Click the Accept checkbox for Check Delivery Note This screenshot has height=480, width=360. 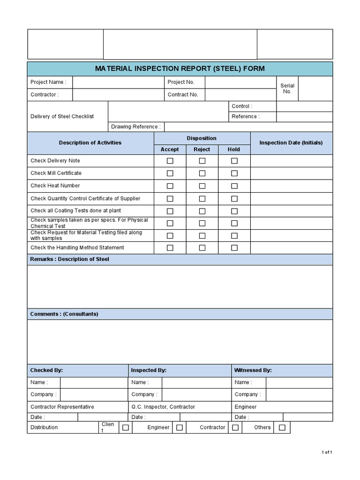coord(170,161)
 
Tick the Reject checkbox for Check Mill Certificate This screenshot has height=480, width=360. coord(202,173)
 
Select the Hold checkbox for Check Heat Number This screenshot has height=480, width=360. coord(234,186)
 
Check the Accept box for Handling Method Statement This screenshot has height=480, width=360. coord(170,247)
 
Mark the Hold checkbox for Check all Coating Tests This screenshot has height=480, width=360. coord(234,211)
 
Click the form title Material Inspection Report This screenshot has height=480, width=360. coord(180,68)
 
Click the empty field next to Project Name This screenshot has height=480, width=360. coord(116,82)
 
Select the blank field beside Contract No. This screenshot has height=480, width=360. coord(240,95)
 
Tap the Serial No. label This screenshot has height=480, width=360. coord(287,89)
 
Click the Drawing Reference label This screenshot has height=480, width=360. coord(135,127)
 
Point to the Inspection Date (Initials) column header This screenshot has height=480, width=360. coord(291,143)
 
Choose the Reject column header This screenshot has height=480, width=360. coord(202,150)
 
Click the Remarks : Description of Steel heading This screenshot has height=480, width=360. coord(69,259)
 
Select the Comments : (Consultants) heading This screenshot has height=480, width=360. coord(64,314)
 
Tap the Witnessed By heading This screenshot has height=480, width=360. coord(253,370)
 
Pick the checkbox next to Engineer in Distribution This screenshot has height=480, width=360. coord(179,427)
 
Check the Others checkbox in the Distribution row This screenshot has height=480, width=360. coord(282,427)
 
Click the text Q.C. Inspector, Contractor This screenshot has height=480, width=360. coord(163,407)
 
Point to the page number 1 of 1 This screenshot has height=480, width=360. coord(327,452)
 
